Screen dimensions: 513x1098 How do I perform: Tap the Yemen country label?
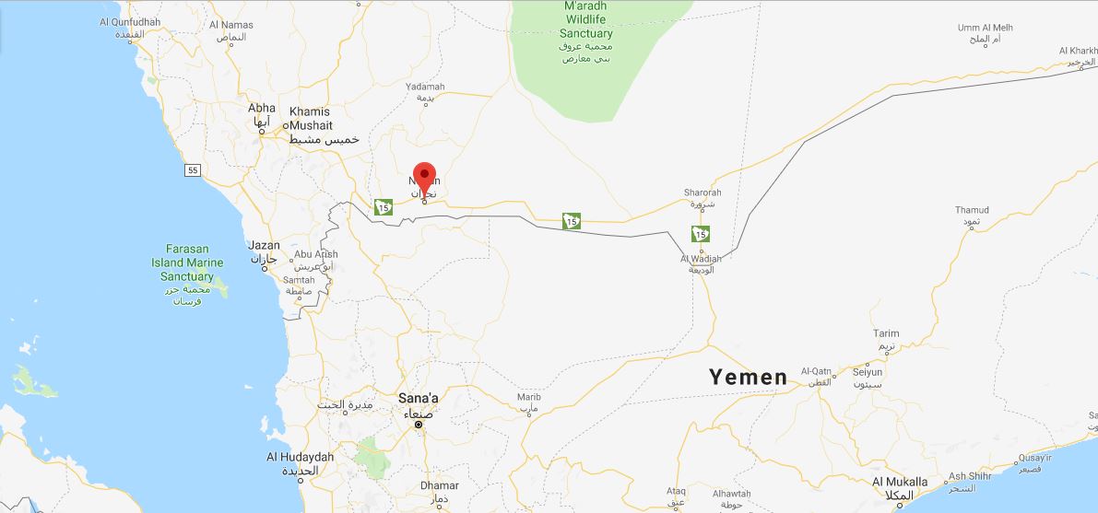[x=748, y=377]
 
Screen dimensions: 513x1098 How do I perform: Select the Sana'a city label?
[x=418, y=399]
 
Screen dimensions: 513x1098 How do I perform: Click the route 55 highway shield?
[x=192, y=170]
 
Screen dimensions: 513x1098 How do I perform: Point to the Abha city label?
[x=262, y=109]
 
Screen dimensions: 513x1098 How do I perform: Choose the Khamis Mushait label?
[x=310, y=118]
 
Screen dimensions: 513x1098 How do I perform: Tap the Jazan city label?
[x=264, y=246]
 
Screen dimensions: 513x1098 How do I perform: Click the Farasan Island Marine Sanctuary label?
[x=187, y=262]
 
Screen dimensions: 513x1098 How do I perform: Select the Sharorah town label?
[x=702, y=192]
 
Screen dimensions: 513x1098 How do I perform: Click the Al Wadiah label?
[x=701, y=259]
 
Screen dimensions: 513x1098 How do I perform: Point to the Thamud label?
[x=972, y=210]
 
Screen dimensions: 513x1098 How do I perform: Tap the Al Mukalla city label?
[x=900, y=482]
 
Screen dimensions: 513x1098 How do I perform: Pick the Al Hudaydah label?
[x=301, y=457]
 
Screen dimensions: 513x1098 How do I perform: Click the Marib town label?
[x=528, y=397]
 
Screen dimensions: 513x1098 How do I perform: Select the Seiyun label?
[x=868, y=372]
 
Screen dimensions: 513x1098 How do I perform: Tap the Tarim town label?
[x=886, y=334]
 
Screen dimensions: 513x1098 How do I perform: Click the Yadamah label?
[x=425, y=87]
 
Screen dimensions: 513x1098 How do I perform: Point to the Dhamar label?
[x=439, y=485]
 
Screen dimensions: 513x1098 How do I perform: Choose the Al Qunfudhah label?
[x=129, y=22]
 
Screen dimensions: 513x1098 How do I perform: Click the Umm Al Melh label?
[x=986, y=28]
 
